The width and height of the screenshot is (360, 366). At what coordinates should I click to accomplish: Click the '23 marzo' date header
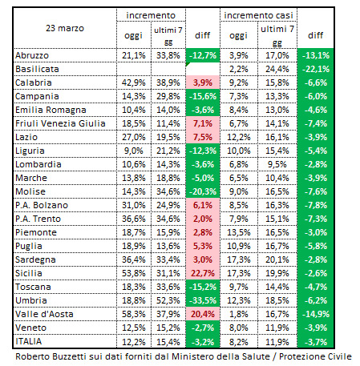coord(65,28)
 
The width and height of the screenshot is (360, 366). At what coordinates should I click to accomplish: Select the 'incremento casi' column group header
coord(258,15)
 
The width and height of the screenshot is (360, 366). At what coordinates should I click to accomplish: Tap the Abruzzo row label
coord(32,55)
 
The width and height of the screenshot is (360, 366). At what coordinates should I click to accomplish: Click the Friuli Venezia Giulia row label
coord(60,123)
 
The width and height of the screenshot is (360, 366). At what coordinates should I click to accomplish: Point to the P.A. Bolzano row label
coord(42,205)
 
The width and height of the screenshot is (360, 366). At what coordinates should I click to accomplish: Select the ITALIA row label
coord(29,341)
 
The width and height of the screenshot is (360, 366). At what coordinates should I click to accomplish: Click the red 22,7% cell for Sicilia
coord(203,273)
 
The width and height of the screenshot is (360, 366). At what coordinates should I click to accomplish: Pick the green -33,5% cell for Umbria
coord(203,300)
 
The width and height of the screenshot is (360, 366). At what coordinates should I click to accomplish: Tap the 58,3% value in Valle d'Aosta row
coord(134,314)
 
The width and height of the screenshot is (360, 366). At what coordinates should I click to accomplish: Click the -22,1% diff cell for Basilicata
coord(316,69)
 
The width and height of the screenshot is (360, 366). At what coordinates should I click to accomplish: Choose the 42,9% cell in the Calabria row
coord(134,82)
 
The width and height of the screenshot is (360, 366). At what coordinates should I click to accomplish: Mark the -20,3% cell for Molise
coord(203,191)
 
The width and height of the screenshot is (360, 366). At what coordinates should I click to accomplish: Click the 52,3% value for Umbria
coord(168,300)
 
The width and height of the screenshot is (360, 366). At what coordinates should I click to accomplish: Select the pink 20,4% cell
coord(203,314)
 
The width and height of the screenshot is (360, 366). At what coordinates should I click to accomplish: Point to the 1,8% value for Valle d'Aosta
coord(239,314)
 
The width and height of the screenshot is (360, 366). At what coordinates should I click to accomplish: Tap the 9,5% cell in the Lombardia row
coord(277,164)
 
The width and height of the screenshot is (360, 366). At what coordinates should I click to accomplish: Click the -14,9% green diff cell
coord(316,314)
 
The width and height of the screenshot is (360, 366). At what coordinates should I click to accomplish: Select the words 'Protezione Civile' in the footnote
coord(315,356)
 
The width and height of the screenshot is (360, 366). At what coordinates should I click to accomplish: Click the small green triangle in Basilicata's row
coord(188,64)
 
